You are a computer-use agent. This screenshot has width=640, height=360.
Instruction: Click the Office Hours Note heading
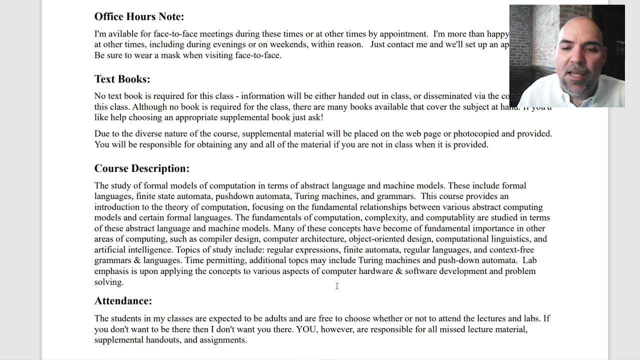(x=139, y=16)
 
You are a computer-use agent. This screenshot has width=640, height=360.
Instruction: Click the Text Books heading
(x=122, y=79)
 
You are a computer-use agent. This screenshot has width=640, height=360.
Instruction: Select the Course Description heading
(x=141, y=168)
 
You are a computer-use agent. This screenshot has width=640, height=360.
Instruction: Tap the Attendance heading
(x=123, y=301)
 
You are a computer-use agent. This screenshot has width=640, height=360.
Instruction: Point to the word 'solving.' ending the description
(x=108, y=282)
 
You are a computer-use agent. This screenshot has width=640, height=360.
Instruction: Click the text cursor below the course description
(x=337, y=286)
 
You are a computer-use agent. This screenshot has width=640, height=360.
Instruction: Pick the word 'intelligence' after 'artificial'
(x=149, y=250)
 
